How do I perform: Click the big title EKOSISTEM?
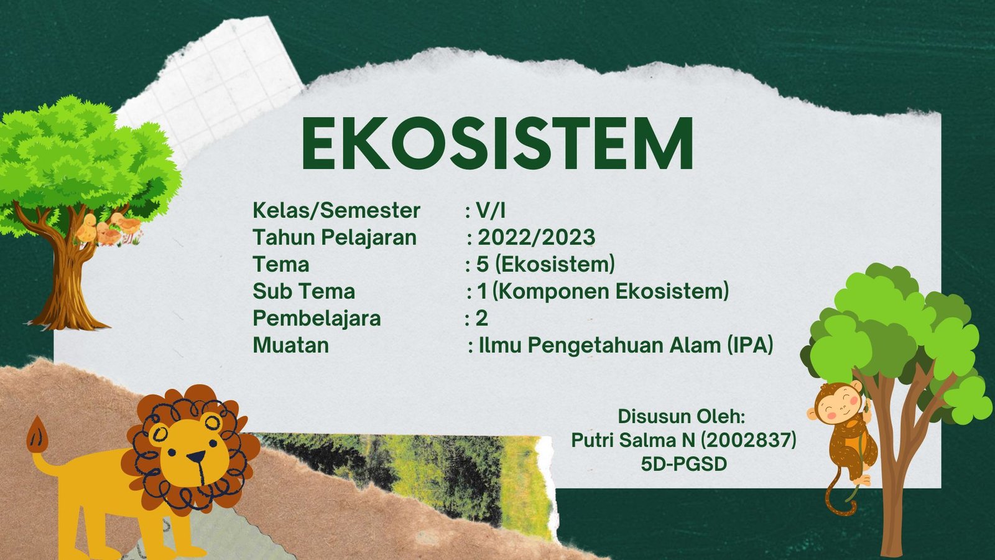click(497, 143)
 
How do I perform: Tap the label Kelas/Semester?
click(336, 211)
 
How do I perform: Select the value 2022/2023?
click(536, 237)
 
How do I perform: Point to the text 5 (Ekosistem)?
click(545, 264)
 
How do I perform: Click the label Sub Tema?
click(304, 292)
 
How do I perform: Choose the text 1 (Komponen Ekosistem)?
click(603, 292)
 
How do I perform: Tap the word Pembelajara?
click(317, 319)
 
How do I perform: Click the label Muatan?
click(291, 345)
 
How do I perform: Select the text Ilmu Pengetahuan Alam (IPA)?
click(626, 346)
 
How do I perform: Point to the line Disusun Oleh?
click(682, 416)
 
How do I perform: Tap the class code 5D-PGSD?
click(683, 464)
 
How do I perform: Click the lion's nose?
click(196, 457)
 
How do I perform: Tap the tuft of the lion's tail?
click(37, 434)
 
